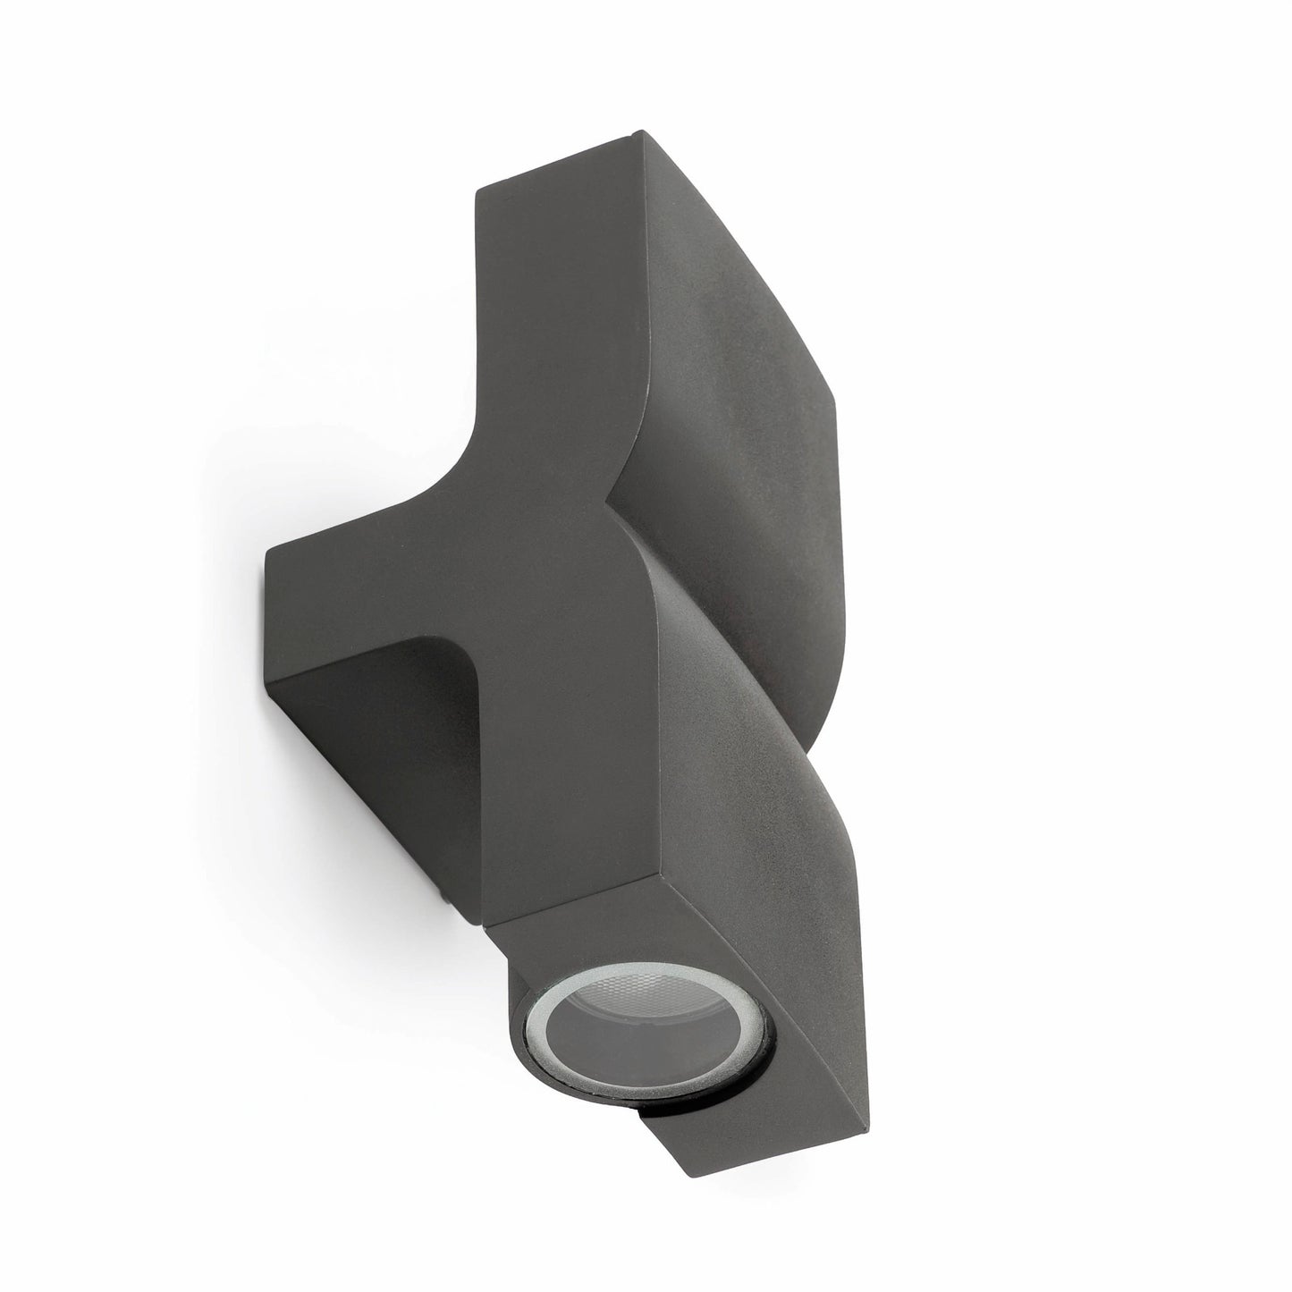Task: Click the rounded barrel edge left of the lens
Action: point(519,930)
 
